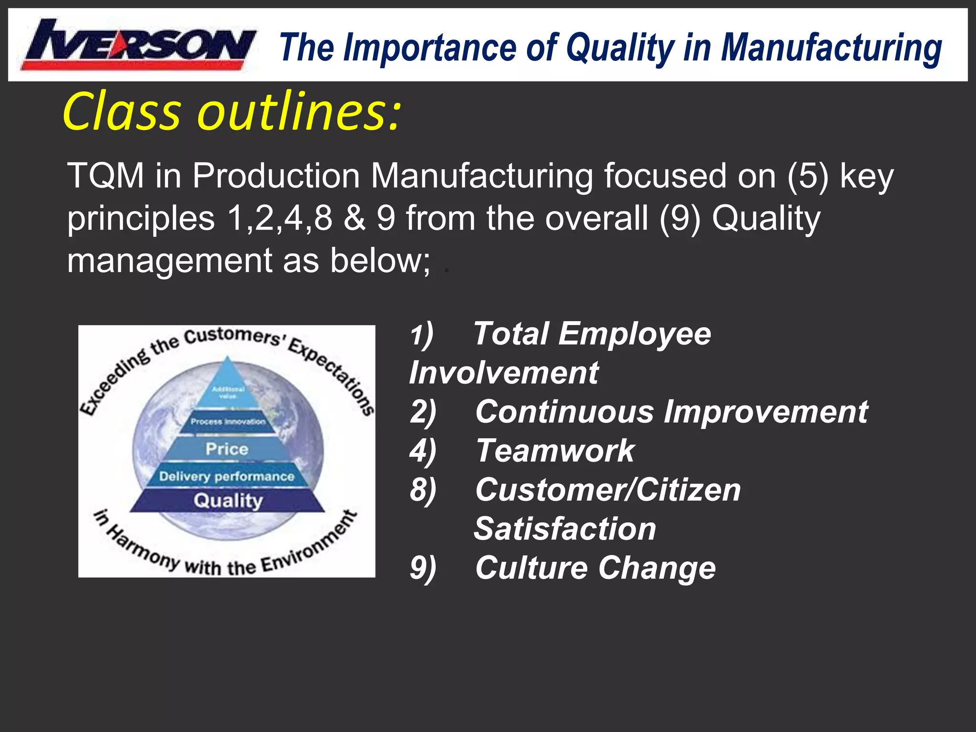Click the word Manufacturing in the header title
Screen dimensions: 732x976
[x=831, y=48]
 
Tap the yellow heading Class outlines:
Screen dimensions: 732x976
[x=232, y=112]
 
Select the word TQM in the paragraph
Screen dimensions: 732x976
[x=106, y=176]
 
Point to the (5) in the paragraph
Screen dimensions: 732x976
[x=807, y=176]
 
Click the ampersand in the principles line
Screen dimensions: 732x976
[x=355, y=218]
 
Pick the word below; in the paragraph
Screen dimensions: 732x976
[x=380, y=261]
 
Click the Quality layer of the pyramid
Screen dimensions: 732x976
[x=228, y=500]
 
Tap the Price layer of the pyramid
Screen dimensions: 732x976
[x=227, y=449]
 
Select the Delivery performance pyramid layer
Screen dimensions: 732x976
[x=227, y=476]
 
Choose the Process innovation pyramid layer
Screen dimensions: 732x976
[x=228, y=422]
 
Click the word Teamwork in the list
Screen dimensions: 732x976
[x=555, y=451]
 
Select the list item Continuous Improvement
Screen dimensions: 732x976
[x=671, y=412]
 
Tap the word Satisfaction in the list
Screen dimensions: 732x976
[x=565, y=529]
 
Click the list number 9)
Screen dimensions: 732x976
[x=423, y=569]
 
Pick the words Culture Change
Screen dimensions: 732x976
[x=595, y=568]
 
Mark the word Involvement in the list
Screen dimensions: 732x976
[x=504, y=373]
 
